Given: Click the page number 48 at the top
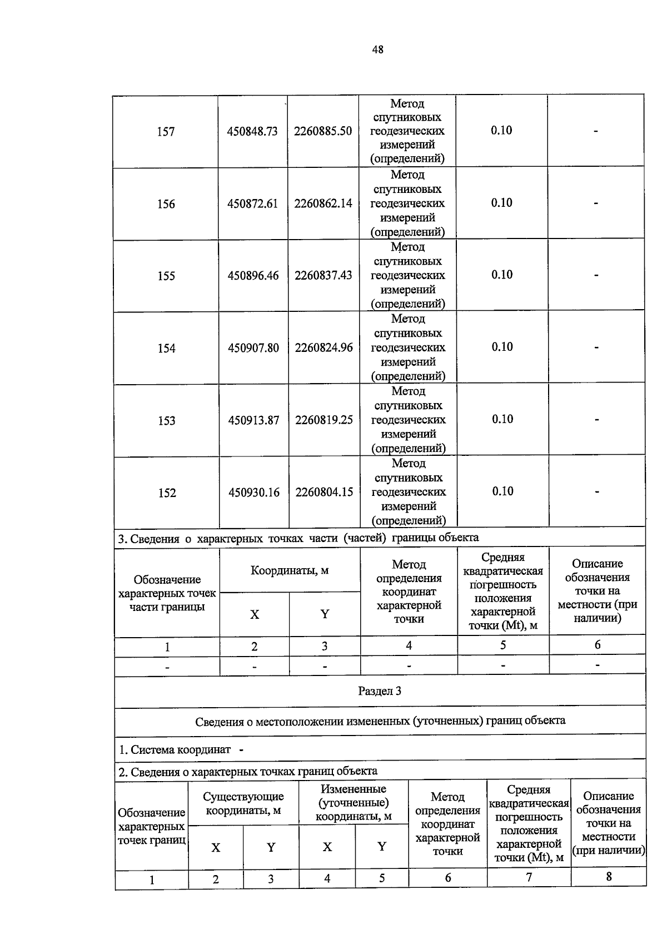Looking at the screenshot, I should pos(377,49).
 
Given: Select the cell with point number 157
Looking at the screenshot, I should pos(166,132).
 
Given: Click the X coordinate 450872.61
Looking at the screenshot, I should pos(252,203).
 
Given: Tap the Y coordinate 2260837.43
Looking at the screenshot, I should pos(323,275).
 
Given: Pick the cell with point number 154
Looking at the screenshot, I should pos(166,349).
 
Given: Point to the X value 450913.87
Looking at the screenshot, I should pos(253,420).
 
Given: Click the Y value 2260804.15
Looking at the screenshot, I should pos(324,492).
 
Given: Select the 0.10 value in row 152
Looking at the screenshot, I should pos(502,491).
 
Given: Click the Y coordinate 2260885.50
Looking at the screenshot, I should pos(322,131).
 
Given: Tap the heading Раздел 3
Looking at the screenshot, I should pos(380,691).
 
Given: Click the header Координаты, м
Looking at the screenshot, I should pos(290,570).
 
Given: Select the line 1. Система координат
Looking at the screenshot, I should pos(181,749).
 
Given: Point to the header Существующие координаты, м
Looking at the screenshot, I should pos(243,803).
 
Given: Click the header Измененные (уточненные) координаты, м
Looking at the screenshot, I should pos(354,802).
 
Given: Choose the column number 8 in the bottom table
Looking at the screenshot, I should pos(609,877).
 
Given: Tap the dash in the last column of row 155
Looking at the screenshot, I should pos(596,275).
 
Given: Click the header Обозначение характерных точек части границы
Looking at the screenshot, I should pos(167,593).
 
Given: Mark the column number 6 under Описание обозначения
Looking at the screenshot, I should pos(598,645).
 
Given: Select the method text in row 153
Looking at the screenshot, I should pos(408,420).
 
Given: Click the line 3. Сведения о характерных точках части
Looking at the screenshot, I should pos(298,538).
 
